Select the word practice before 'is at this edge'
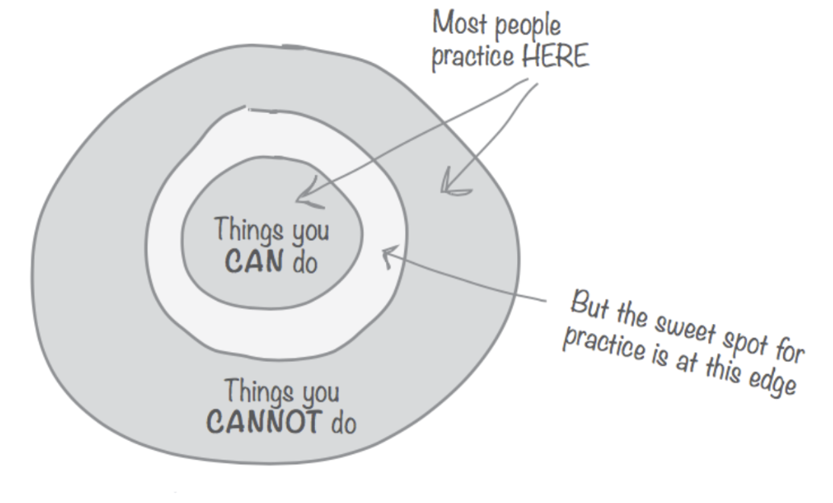pos(598,344)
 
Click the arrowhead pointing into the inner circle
pos(301,197)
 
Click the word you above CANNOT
pos(318,395)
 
